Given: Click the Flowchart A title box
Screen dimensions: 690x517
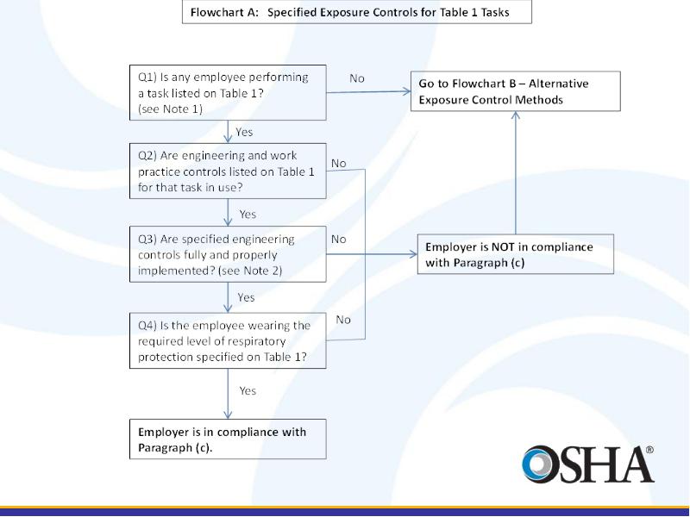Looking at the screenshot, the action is pos(357,12).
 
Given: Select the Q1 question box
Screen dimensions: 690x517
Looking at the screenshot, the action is pos(228,93).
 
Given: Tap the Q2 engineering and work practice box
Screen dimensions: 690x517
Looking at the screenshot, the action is pos(228,171).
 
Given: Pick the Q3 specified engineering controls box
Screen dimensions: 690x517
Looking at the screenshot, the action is pos(228,254).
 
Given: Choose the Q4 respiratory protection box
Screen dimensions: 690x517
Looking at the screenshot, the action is pos(228,340).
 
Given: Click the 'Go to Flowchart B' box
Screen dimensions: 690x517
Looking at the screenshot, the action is pos(516,91).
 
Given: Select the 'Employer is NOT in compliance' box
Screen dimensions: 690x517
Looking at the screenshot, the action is pos(516,254).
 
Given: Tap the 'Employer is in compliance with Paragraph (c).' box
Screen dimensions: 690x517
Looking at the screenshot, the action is pos(228,439).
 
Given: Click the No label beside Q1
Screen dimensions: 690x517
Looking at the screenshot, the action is pos(357,78).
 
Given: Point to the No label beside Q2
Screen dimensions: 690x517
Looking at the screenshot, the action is pos(338,164).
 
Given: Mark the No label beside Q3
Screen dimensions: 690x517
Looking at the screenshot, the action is pos(338,240).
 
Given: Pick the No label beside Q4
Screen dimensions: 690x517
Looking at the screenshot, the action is pos(343,320).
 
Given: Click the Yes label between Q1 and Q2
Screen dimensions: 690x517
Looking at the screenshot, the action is pos(244,133).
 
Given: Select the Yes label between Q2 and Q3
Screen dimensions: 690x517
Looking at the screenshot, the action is pos(248,215).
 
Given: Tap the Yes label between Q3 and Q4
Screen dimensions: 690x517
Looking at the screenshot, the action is pos(246,297).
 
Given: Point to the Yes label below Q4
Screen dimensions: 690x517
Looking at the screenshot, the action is pos(248,391).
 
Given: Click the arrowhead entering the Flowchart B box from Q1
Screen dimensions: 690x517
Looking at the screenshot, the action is pos(407,91).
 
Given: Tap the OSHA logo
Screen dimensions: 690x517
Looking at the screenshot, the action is pos(588,464).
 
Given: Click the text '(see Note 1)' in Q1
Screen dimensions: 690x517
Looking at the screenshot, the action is pos(170,109).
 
